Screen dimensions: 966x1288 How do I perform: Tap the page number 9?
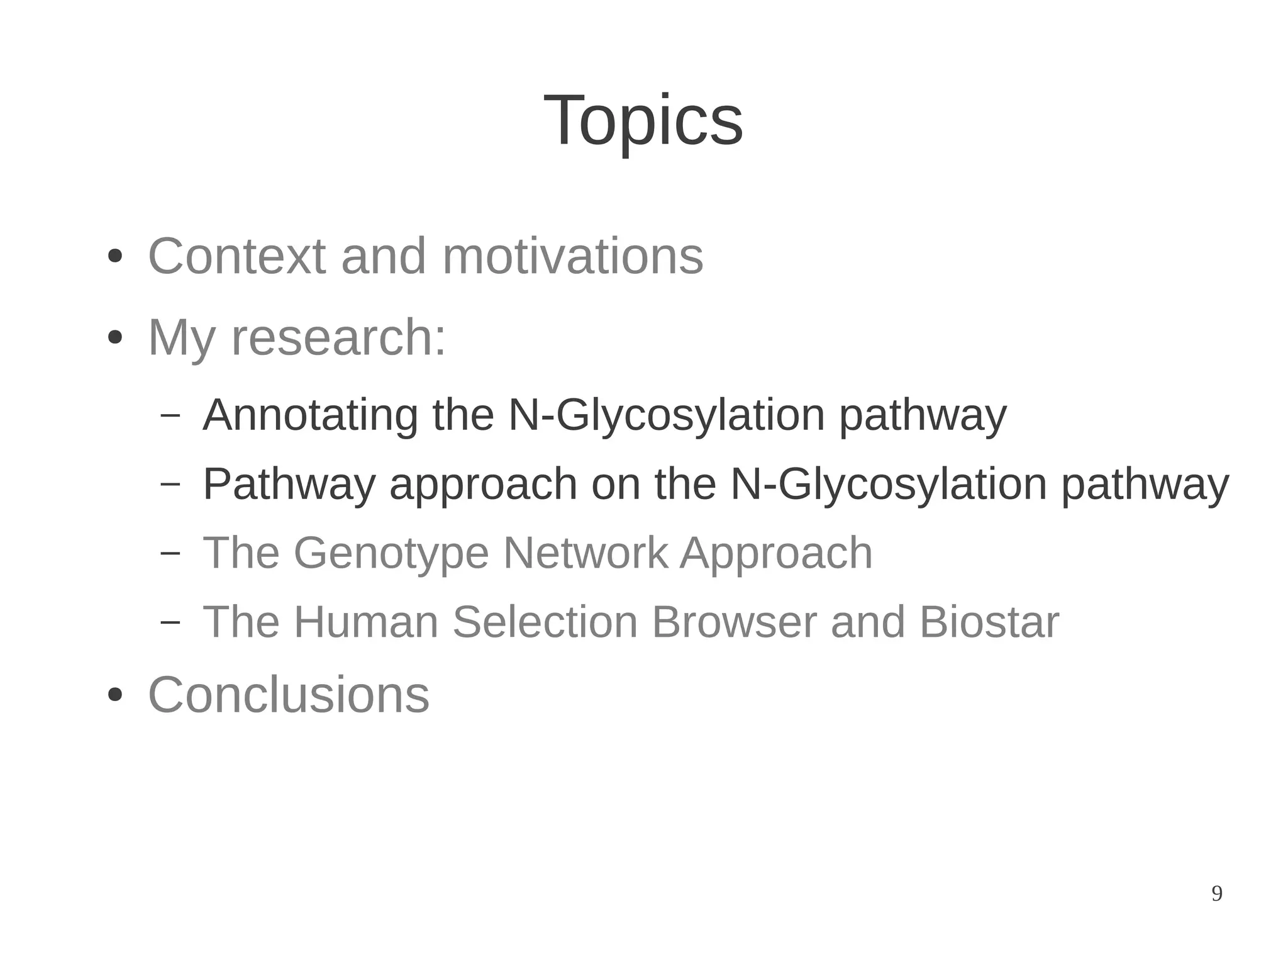click(x=1216, y=894)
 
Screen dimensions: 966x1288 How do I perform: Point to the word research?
click(x=338, y=338)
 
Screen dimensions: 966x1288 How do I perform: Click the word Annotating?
click(x=310, y=415)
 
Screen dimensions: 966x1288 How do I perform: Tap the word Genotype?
click(x=391, y=553)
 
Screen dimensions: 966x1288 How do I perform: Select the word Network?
click(x=585, y=553)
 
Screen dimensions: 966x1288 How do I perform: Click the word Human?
click(x=366, y=622)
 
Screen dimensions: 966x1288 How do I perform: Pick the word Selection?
click(x=545, y=622)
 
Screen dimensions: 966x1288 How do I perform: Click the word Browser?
click(x=733, y=622)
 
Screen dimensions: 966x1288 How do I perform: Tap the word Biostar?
click(x=989, y=622)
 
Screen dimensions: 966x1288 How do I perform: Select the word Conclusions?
click(x=289, y=695)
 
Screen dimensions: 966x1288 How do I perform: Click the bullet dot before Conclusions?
click(x=114, y=695)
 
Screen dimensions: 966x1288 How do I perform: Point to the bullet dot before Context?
click(x=114, y=257)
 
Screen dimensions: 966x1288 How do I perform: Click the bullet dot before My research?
click(x=114, y=338)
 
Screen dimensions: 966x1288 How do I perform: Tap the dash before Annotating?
click(x=170, y=415)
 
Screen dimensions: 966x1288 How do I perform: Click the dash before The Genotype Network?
click(x=170, y=553)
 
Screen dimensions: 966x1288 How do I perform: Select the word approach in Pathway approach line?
click(x=483, y=485)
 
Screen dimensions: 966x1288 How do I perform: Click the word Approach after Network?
click(x=776, y=553)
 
